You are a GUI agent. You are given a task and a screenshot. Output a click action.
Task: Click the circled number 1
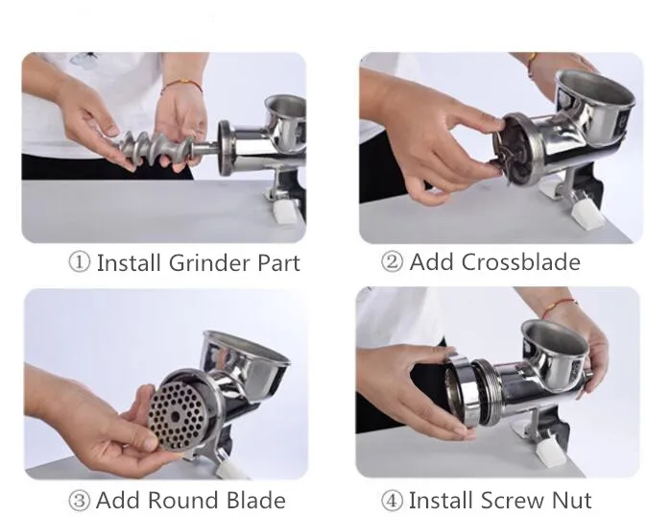[79, 262]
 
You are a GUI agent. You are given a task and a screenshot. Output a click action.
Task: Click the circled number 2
[392, 261]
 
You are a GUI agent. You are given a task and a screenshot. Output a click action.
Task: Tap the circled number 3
[79, 500]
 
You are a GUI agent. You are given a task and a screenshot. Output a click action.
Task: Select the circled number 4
[392, 500]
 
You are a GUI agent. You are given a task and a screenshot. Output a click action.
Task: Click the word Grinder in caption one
[209, 262]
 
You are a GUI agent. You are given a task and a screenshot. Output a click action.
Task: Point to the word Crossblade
[520, 261]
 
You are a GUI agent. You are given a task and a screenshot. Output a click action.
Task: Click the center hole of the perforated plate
[176, 416]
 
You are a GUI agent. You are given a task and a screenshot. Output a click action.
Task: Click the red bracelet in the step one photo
[181, 84]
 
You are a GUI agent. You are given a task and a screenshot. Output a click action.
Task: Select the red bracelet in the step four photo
[560, 306]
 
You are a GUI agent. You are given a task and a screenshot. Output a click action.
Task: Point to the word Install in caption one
[128, 262]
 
